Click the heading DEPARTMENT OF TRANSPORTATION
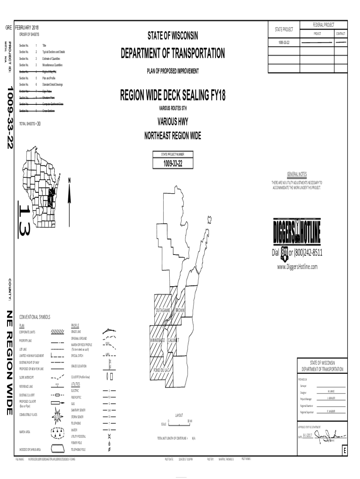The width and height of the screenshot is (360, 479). (x=173, y=54)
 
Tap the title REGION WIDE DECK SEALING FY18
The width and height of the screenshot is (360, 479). (x=173, y=96)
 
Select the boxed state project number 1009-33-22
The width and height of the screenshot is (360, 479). (x=173, y=163)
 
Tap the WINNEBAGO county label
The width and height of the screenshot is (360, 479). (x=158, y=340)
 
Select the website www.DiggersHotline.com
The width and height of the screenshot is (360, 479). (x=297, y=266)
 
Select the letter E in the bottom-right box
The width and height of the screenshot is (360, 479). (x=345, y=451)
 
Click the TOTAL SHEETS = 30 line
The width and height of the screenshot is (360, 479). (x=30, y=124)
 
